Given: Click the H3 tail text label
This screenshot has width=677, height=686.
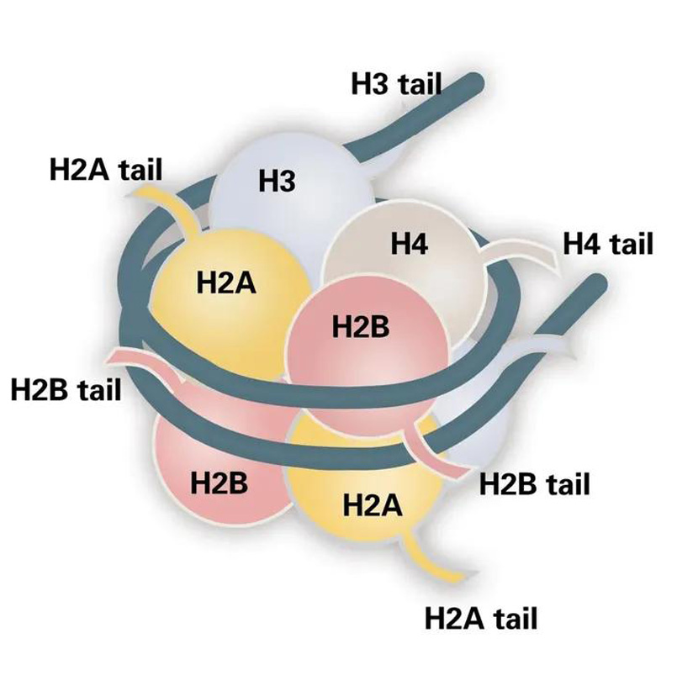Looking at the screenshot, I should [395, 83].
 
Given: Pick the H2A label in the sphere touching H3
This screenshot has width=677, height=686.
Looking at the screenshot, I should [225, 282].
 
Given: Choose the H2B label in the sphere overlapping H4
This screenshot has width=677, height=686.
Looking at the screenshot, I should [361, 326].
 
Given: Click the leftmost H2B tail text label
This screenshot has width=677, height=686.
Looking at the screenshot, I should [66, 390].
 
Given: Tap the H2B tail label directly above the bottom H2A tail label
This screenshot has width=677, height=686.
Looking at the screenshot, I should [534, 484].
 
